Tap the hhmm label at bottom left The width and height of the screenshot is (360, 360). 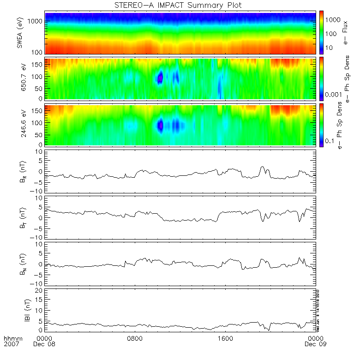pyautogui.click(x=12, y=338)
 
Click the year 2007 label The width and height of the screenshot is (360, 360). pyautogui.click(x=12, y=344)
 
